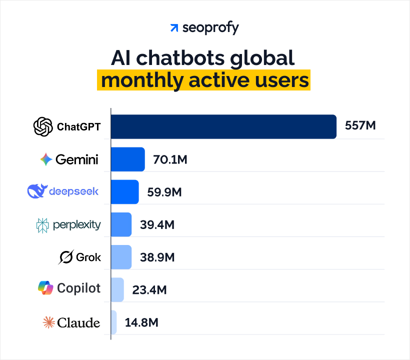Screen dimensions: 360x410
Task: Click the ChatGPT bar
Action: click(x=223, y=126)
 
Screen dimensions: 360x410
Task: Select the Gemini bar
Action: click(x=128, y=159)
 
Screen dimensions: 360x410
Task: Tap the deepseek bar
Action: click(x=125, y=191)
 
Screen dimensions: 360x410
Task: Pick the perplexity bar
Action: click(x=121, y=224)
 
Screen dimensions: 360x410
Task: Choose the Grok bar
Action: click(x=121, y=257)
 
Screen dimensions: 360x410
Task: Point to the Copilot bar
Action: click(x=117, y=289)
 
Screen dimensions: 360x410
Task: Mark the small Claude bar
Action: click(x=114, y=322)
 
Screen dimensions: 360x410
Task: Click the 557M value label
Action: click(x=360, y=125)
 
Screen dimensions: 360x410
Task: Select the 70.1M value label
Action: click(x=170, y=160)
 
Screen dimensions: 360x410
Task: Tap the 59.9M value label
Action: click(x=164, y=192)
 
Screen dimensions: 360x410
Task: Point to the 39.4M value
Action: click(x=157, y=225)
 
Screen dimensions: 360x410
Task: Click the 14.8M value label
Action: click(x=141, y=322)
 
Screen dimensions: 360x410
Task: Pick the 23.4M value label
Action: click(x=149, y=290)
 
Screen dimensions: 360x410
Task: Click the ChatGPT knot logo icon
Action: click(x=43, y=126)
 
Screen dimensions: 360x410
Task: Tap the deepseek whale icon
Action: click(x=37, y=191)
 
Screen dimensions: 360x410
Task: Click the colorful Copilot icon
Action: click(x=45, y=288)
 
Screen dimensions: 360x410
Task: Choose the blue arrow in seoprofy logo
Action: click(x=174, y=28)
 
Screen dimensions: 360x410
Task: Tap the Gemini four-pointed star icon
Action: click(x=46, y=159)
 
